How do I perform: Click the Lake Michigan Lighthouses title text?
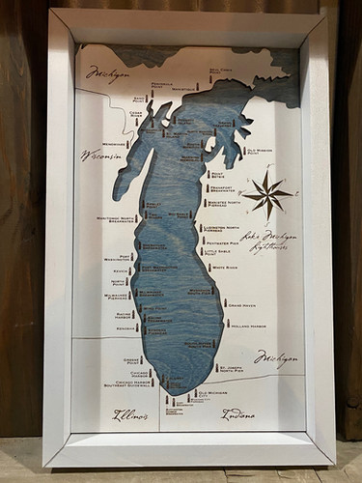tap(269, 241)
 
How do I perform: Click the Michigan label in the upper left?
tap(107, 73)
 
